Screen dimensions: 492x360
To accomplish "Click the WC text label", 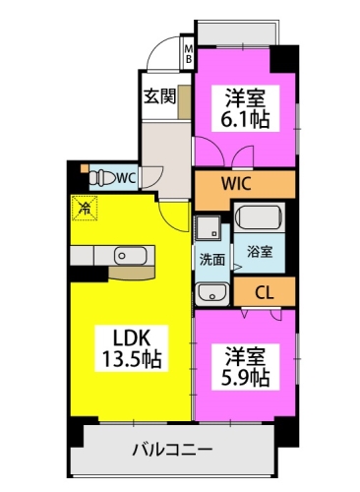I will click(126, 178).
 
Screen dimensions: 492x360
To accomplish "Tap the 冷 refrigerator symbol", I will click(86, 208).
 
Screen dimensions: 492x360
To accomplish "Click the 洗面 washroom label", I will click(211, 260).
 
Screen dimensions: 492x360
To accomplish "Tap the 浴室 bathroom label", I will click(259, 252).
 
